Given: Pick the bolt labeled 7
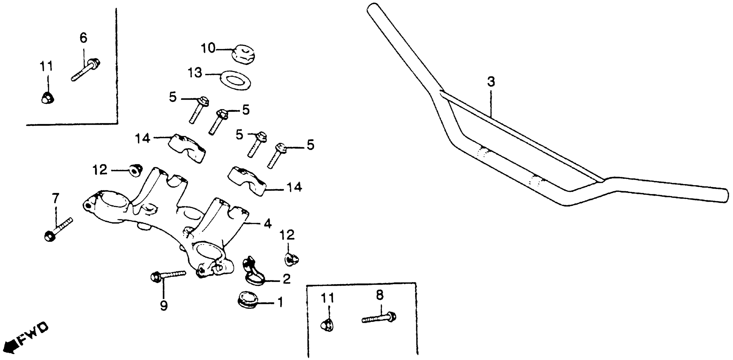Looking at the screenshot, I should click(x=58, y=229).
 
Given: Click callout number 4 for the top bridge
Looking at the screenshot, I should click(x=267, y=224).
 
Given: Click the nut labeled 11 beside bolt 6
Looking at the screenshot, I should click(x=47, y=98).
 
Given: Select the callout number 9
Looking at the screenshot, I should click(x=164, y=306).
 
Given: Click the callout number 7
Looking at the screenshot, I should click(x=56, y=198).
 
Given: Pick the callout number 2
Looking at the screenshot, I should click(x=286, y=279).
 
